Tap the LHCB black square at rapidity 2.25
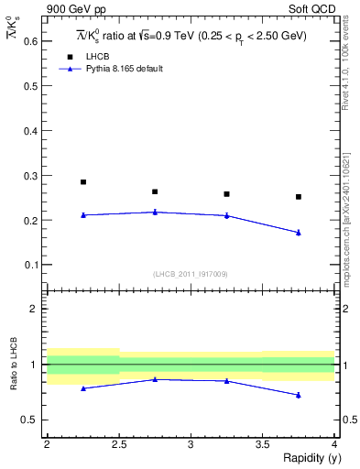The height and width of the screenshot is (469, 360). (83, 181)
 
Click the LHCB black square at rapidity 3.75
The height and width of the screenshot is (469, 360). (299, 197)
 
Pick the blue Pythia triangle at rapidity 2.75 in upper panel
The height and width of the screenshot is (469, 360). (155, 212)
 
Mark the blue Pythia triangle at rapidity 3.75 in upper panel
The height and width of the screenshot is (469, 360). (299, 233)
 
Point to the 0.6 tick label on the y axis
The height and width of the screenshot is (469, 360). (31, 41)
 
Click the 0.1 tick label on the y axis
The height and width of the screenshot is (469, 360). (31, 265)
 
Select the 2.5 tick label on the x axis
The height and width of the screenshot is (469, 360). (119, 444)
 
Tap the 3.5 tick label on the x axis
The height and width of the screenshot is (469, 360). (263, 444)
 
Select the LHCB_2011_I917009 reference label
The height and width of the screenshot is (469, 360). (191, 274)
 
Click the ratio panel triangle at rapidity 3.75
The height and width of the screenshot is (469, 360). (299, 395)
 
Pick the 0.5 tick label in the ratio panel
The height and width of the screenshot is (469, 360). (31, 420)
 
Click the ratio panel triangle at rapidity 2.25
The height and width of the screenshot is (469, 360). (83, 388)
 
